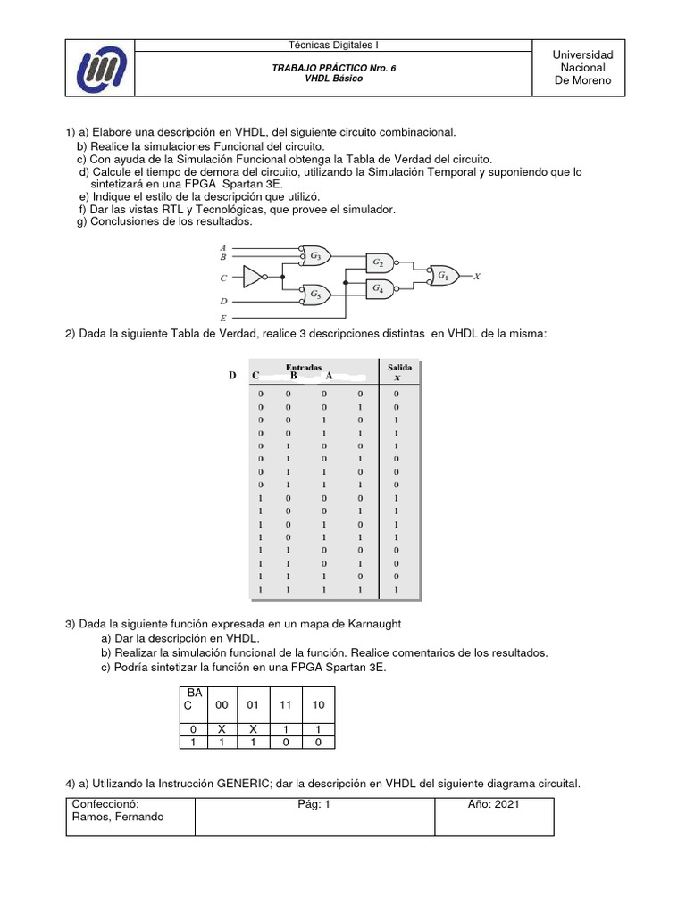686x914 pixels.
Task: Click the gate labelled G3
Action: pos(315,255)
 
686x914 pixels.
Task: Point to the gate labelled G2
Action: pos(379,262)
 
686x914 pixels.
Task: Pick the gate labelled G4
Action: pos(379,289)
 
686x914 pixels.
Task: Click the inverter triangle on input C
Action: pos(254,278)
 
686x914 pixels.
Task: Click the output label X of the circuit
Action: pos(477,277)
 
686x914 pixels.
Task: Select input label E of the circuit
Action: pos(222,317)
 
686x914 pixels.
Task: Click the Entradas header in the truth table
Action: pos(303,367)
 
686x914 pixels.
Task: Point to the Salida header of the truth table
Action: pos(399,367)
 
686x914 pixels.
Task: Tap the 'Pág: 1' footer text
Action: pos(314,804)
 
